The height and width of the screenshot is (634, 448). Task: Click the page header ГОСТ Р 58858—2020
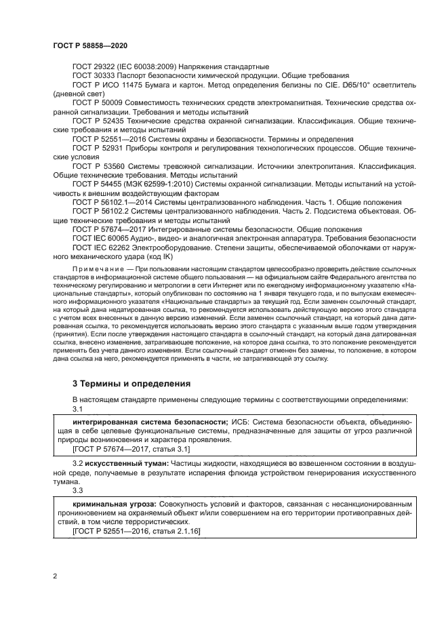coord(90,45)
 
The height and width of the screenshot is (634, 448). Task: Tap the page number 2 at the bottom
coord(55,576)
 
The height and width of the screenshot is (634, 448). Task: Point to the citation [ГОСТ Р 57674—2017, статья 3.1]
coord(131,449)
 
